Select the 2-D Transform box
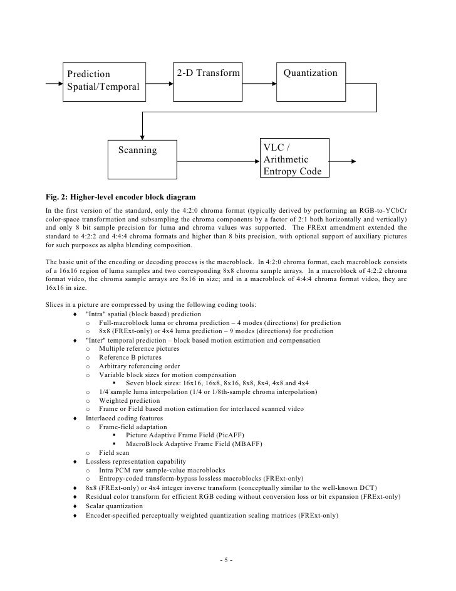[x=208, y=82]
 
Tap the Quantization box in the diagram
[x=310, y=82]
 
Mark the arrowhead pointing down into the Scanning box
[x=143, y=134]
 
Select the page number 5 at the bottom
[x=227, y=560]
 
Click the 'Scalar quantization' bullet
[x=118, y=506]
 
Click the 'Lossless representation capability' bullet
[x=137, y=461]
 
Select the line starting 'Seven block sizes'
[x=217, y=383]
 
